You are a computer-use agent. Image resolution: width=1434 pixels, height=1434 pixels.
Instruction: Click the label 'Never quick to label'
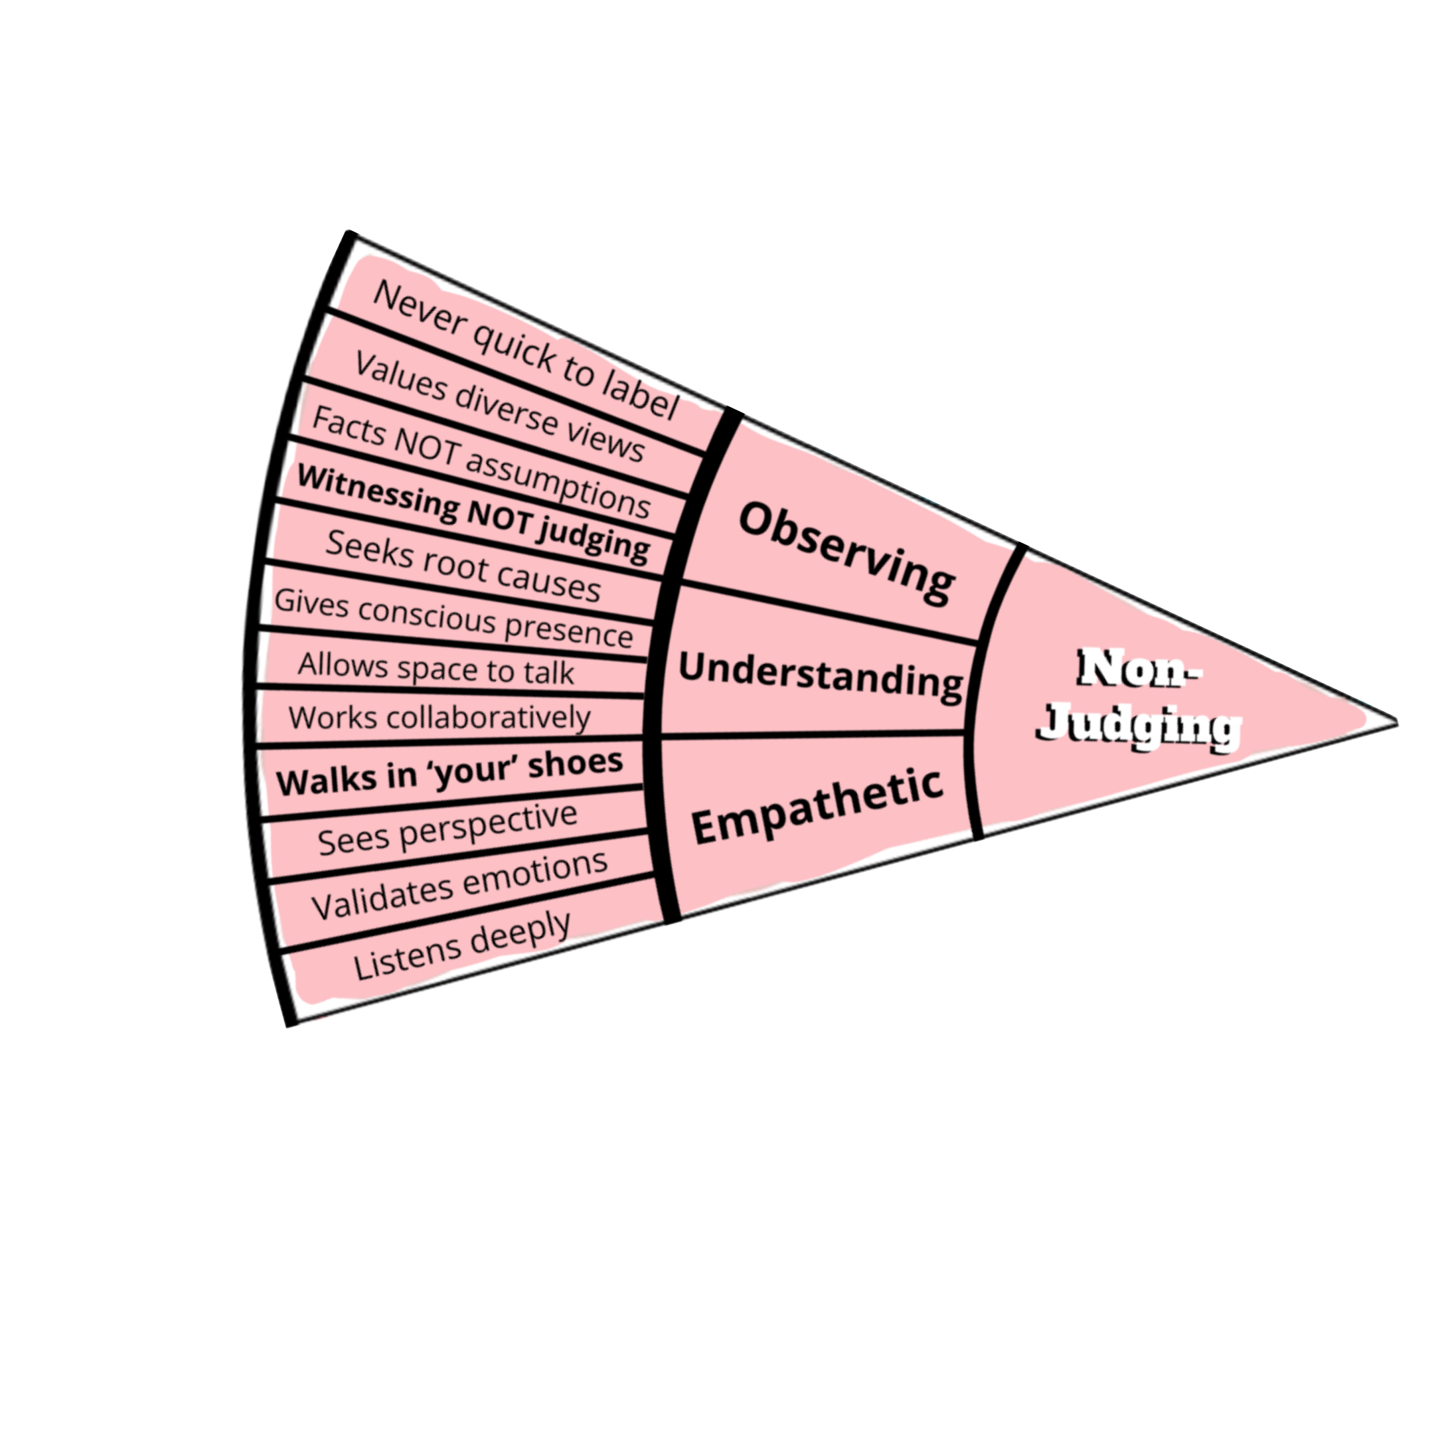point(526,351)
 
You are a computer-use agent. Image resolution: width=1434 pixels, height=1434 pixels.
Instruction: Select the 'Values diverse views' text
point(499,407)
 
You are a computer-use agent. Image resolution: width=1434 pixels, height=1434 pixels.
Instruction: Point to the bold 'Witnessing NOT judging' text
point(473,514)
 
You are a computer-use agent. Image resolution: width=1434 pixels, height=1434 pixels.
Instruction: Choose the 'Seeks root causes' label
point(463,566)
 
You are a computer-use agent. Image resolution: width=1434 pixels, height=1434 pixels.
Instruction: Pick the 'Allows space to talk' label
point(436,668)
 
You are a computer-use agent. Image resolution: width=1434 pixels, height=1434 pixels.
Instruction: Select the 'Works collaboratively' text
point(439,718)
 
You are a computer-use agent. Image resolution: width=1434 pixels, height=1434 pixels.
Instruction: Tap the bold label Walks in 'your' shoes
point(449,772)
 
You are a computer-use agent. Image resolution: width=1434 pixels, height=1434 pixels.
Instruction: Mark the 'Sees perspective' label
point(447,829)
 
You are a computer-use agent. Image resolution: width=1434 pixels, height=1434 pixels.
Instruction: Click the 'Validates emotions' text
point(459,885)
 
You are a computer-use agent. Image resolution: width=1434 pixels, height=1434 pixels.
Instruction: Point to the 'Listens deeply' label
point(461,944)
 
